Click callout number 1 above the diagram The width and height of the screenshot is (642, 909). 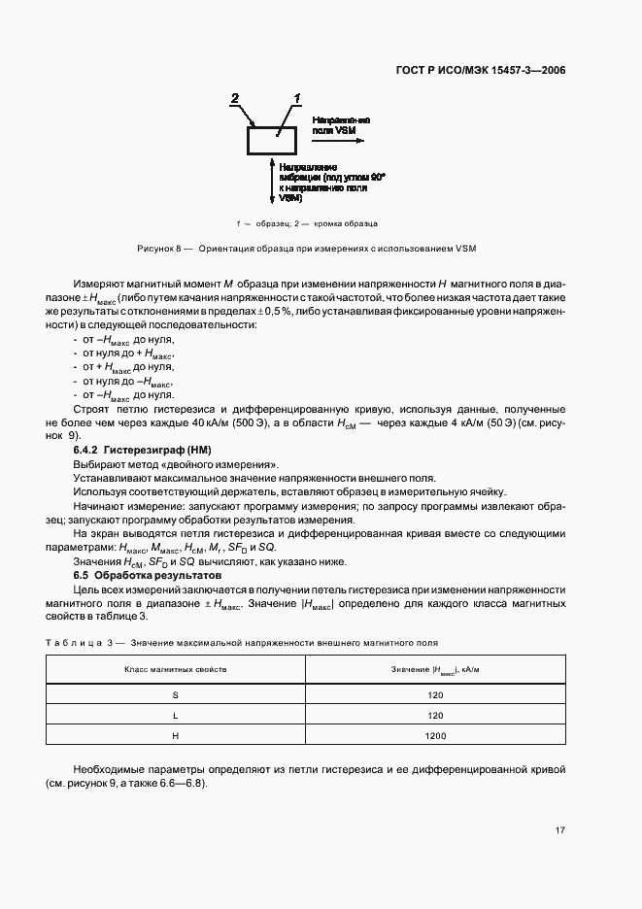[297, 98]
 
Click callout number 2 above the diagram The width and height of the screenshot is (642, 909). [234, 98]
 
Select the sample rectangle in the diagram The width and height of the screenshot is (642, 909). [275, 141]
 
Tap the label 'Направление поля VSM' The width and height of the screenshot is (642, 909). [340, 122]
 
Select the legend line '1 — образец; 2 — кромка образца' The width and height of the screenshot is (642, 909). [306, 222]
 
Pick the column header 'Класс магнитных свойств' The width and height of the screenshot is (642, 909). [175, 670]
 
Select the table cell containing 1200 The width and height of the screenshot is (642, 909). [435, 736]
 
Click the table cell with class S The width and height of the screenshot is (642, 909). [175, 695]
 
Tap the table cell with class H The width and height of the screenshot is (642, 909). [175, 736]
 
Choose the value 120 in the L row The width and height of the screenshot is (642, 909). [435, 716]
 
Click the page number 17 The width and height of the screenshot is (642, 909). [560, 829]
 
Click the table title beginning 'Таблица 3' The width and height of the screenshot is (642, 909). [243, 642]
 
